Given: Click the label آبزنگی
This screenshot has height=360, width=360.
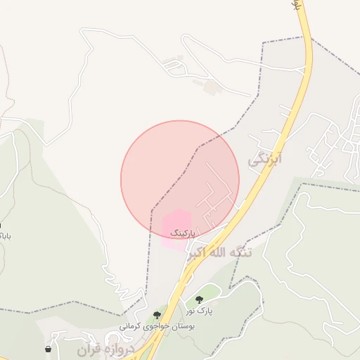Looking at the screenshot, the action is (264, 160).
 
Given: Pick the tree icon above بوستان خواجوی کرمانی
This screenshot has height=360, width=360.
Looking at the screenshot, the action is (157, 315).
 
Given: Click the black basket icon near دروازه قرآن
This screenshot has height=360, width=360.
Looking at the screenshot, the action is (48, 349).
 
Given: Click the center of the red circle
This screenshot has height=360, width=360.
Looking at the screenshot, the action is (180, 179).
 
